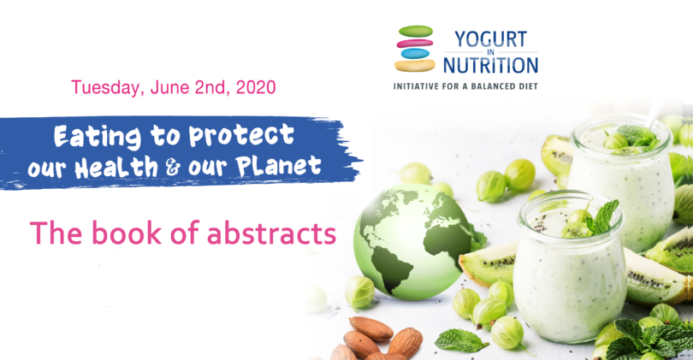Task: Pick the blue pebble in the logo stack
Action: click(415, 53)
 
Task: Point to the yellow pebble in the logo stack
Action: click(415, 64)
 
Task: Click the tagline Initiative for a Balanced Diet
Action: click(465, 86)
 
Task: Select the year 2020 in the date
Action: click(255, 87)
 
